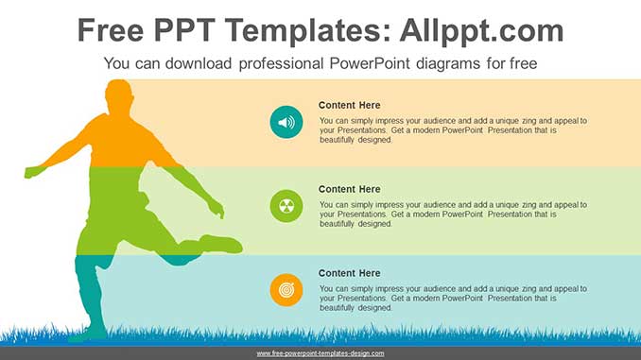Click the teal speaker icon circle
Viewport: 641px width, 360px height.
click(x=286, y=122)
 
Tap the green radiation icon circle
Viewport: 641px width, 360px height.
click(x=286, y=206)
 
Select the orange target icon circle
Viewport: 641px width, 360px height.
click(x=286, y=290)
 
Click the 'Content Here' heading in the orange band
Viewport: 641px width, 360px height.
click(x=349, y=105)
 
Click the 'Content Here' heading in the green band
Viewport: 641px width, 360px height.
click(x=349, y=189)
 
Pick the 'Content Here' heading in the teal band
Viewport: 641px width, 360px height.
click(x=349, y=273)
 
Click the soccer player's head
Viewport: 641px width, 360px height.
click(x=119, y=96)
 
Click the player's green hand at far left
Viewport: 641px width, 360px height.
click(x=33, y=172)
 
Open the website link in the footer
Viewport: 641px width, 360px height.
click(x=320, y=353)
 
